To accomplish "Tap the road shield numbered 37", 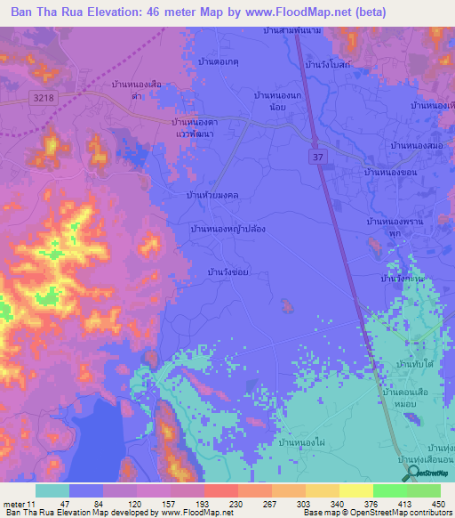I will click(x=316, y=156).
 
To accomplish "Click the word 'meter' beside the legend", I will click(x=13, y=504).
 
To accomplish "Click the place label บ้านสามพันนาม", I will click(x=292, y=31).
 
